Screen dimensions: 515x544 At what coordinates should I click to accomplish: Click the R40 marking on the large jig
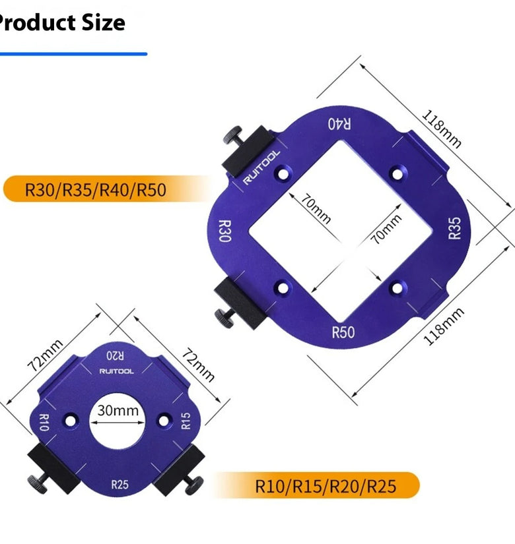(339, 124)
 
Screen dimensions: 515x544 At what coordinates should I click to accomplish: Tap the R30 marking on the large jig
(225, 231)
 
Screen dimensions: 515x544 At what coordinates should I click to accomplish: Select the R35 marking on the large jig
(455, 228)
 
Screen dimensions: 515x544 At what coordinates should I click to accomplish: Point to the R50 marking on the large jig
(343, 332)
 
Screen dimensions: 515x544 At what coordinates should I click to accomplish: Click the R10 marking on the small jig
(44, 422)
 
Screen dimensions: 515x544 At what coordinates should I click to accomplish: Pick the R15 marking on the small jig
(186, 421)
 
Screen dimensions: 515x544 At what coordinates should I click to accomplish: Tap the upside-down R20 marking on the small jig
(115, 355)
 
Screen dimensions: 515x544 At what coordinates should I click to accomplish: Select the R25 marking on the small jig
(120, 485)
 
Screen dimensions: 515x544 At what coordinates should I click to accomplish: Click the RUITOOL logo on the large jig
(261, 167)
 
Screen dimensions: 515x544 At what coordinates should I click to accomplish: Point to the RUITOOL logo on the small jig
(116, 371)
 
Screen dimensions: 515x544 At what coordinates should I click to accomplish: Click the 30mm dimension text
(118, 410)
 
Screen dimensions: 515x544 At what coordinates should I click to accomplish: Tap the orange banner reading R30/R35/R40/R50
(104, 189)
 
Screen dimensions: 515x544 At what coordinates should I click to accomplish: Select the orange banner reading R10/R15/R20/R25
(318, 485)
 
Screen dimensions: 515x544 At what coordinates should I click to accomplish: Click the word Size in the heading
(103, 22)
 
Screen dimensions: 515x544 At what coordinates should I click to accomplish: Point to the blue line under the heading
(73, 54)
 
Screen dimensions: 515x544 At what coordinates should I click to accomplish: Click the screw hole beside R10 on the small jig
(70, 421)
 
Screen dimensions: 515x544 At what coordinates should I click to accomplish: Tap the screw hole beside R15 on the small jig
(164, 421)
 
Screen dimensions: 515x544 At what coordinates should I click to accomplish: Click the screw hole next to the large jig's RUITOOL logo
(283, 173)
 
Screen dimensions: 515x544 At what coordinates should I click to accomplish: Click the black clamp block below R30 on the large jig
(240, 303)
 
